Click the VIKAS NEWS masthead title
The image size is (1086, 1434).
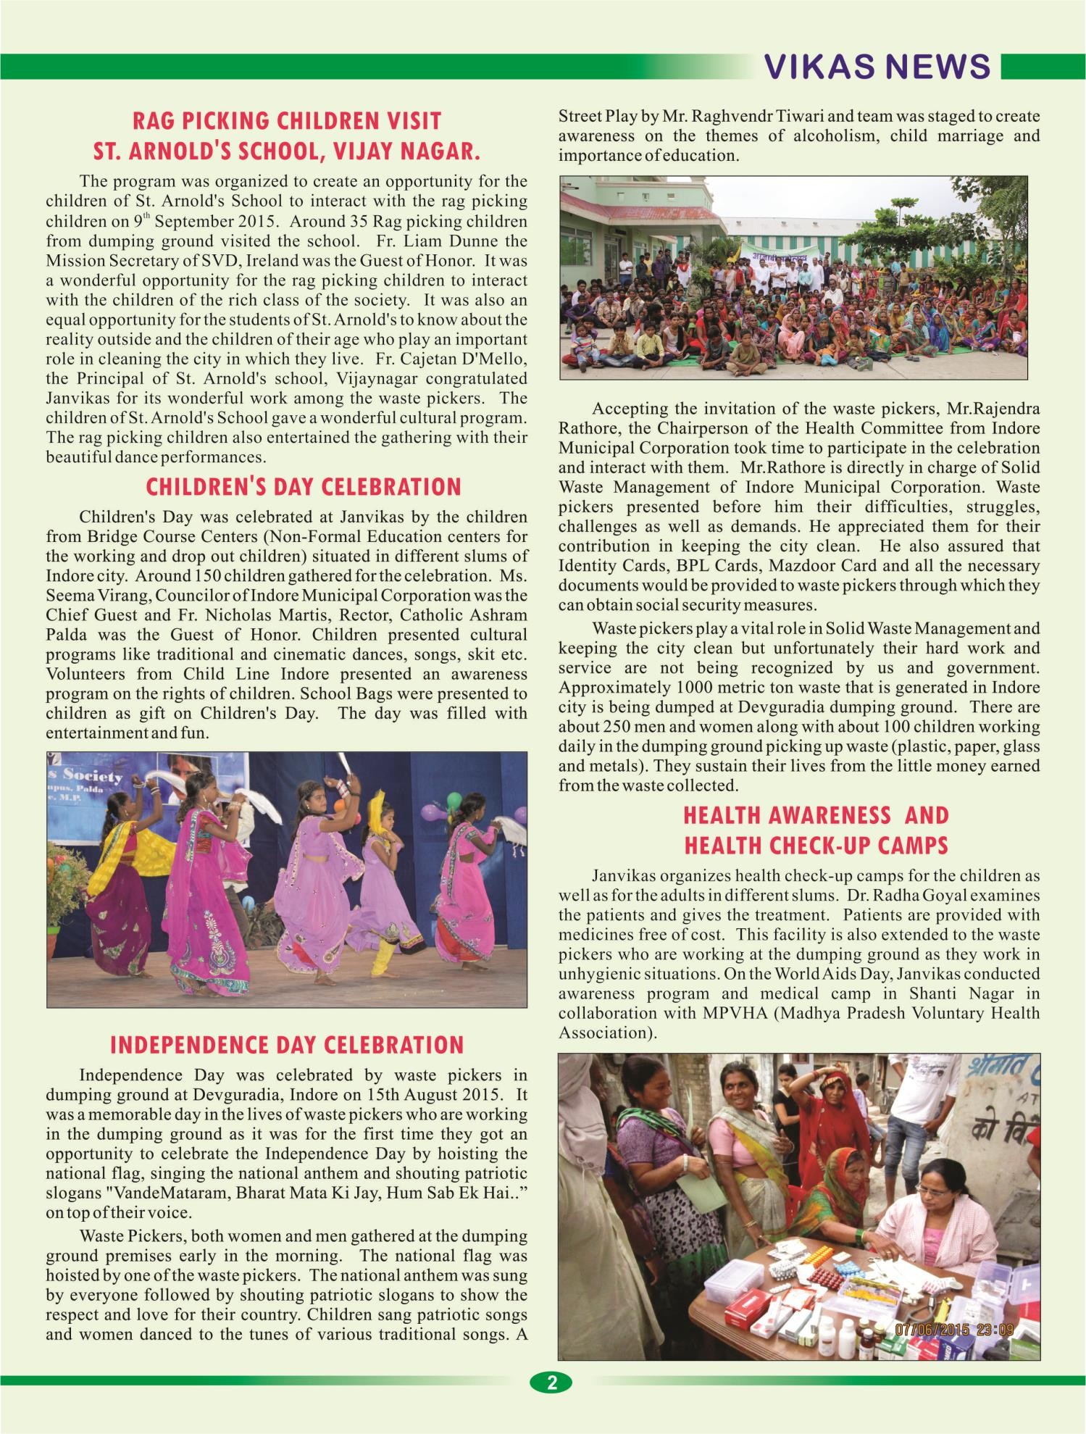coord(877,67)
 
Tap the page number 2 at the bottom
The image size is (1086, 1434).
coord(551,1382)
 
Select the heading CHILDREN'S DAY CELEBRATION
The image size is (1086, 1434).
coord(304,487)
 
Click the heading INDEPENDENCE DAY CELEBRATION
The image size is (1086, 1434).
coord(287,1045)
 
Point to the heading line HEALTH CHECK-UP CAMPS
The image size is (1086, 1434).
coord(816,846)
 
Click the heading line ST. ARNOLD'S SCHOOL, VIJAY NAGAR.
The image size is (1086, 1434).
coord(287,151)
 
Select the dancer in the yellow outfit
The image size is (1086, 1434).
coord(383,891)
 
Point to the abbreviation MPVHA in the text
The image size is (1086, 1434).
coord(735,1013)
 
